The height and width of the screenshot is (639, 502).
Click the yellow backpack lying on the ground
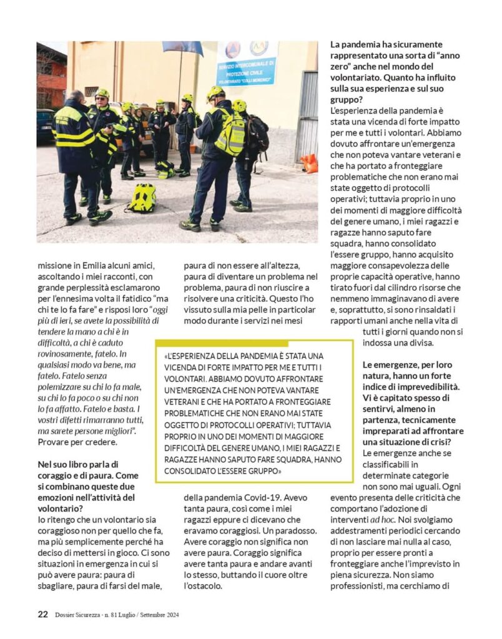tap(143, 198)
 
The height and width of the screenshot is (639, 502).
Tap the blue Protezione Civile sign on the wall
tap(247, 63)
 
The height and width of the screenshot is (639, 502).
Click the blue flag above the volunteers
tap(183, 48)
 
